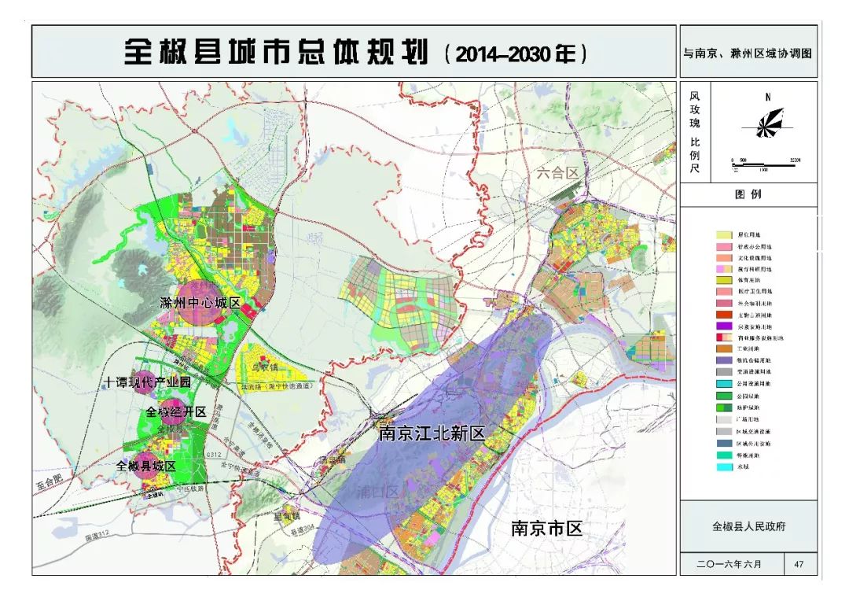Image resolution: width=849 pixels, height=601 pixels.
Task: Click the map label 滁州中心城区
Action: [199, 303]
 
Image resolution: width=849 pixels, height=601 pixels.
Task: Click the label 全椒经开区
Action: [175, 412]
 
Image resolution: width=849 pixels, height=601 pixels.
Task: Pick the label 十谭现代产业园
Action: [148, 382]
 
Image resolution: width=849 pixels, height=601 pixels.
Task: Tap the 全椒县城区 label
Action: [146, 466]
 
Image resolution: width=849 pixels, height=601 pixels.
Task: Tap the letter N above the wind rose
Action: [767, 98]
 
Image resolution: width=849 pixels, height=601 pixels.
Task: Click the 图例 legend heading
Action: [748, 195]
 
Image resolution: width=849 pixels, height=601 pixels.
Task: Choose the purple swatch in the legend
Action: [724, 326]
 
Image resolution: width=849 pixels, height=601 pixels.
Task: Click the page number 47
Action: [799, 564]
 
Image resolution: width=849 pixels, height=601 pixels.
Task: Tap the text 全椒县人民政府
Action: [748, 526]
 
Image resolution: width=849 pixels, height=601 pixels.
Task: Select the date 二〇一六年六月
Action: [730, 564]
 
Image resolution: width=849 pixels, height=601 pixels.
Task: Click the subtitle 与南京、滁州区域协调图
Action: [748, 53]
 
